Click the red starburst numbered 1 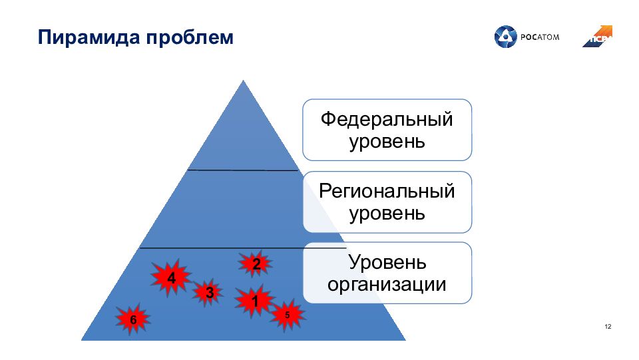pyautogui.click(x=254, y=301)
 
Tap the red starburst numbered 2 pyautogui.click(x=256, y=264)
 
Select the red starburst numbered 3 pyautogui.click(x=209, y=292)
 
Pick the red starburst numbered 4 pyautogui.click(x=171, y=278)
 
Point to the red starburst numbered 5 pyautogui.click(x=287, y=315)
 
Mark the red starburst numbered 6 pyautogui.click(x=133, y=320)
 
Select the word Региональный pyautogui.click(x=387, y=192)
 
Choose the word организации pyautogui.click(x=387, y=285)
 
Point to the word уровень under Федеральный pyautogui.click(x=387, y=141)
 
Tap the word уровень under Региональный pyautogui.click(x=387, y=214)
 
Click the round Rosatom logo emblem pyautogui.click(x=505, y=37)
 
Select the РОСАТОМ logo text pyautogui.click(x=539, y=37)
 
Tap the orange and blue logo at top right pyautogui.click(x=598, y=37)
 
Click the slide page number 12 pyautogui.click(x=608, y=326)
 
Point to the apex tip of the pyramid pyautogui.click(x=244, y=82)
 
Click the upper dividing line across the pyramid pyautogui.click(x=243, y=170)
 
